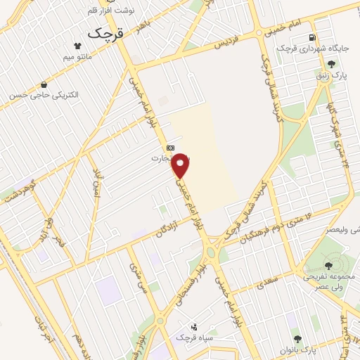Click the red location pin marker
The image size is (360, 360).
(181, 165)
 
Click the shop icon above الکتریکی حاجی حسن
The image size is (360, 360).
(44, 84)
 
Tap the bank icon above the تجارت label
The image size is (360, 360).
(169, 148)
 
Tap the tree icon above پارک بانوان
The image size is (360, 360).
(296, 338)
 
